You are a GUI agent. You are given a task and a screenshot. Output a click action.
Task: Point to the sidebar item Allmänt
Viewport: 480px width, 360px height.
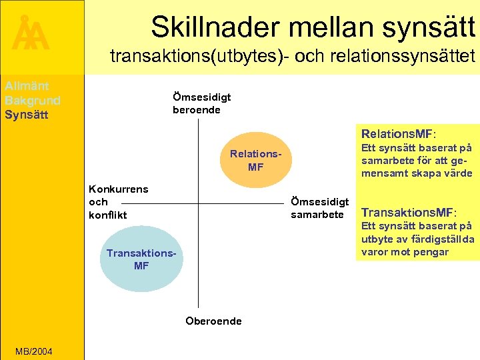[x=27, y=86]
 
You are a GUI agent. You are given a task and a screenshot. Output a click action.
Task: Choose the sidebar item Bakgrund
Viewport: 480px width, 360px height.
[x=32, y=100]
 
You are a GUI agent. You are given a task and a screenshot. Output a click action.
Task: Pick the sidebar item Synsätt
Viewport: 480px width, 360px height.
[x=26, y=114]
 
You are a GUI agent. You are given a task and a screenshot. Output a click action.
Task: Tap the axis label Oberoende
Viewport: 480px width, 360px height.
[x=213, y=321]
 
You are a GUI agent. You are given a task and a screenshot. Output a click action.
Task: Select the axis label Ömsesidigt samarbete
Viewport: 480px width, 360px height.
[x=319, y=208]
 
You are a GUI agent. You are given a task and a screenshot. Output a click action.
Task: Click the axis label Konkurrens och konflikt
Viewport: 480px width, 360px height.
[x=118, y=201]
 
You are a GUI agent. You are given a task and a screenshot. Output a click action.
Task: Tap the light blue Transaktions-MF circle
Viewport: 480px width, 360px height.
[x=141, y=259]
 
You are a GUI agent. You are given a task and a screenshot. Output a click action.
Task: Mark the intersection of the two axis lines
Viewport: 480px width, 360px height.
[x=198, y=203]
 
